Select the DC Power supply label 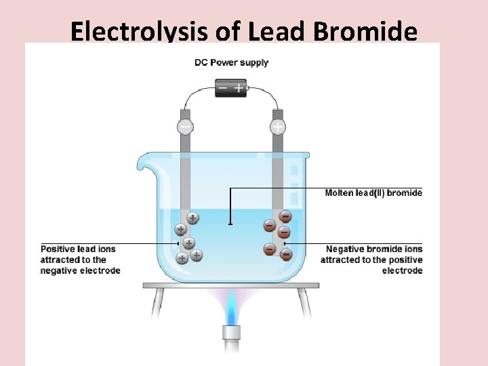coord(232,62)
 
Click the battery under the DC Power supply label coord(231,87)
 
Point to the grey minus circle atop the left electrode coord(184,127)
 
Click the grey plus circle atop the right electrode coord(278,127)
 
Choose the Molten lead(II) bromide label coord(373,193)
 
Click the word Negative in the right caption coord(345,249)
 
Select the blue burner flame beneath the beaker coord(232,308)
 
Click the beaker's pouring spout coord(143,163)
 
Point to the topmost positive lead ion coord(193,218)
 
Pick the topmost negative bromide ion coord(285,217)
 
